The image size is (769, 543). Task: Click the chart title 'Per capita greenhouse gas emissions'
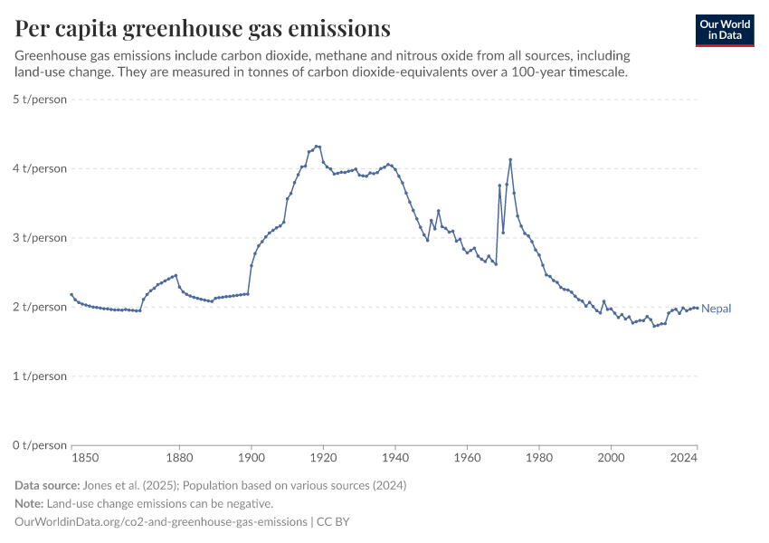point(203,29)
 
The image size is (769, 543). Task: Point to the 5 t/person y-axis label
point(40,100)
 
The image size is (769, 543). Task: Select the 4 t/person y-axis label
point(40,168)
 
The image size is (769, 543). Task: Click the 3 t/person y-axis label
point(40,238)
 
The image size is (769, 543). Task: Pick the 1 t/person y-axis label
point(40,376)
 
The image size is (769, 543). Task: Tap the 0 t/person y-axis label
point(40,445)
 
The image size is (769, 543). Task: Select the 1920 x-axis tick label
point(323,459)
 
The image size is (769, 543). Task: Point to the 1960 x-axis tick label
point(467,459)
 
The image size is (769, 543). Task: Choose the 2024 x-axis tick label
point(684,459)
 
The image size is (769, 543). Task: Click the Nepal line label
point(717,309)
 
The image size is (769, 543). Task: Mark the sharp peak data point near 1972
point(510,160)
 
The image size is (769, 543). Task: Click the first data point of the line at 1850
point(71,294)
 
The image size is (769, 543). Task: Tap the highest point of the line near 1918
point(317,146)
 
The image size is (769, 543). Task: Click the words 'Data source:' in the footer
point(46,485)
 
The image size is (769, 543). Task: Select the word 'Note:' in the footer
point(32,503)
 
